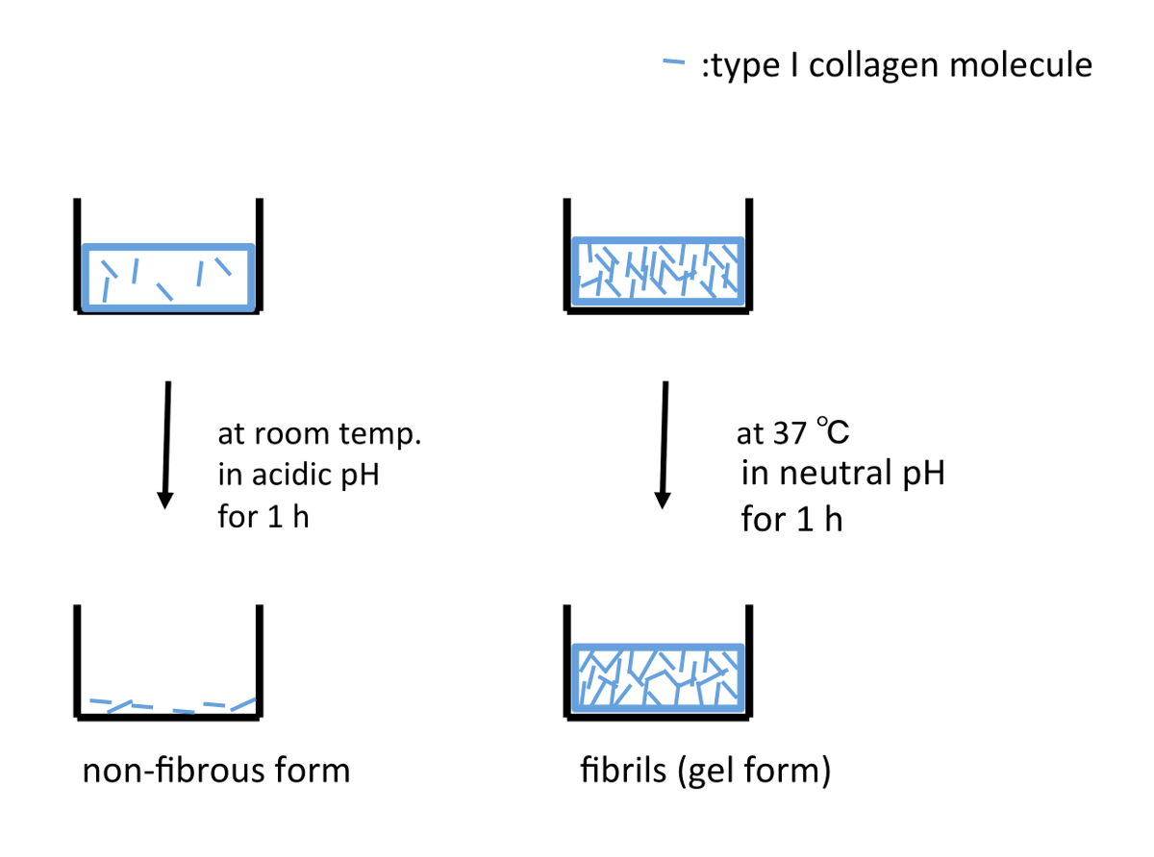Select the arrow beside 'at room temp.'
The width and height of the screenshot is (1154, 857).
point(166,443)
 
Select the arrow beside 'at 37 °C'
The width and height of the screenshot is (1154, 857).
point(663,443)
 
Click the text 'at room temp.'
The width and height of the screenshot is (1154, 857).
point(320,434)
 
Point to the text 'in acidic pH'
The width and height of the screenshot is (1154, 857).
point(298,476)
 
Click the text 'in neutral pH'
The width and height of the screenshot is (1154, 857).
point(842,474)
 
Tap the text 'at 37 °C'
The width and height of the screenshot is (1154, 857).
point(793,433)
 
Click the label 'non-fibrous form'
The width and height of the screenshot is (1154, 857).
point(216,771)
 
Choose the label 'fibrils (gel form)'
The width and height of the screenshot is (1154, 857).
point(705,771)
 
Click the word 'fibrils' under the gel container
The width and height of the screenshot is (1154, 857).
point(622,771)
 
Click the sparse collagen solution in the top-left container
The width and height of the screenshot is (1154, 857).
point(168,277)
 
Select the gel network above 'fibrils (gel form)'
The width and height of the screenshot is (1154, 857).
point(658,681)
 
